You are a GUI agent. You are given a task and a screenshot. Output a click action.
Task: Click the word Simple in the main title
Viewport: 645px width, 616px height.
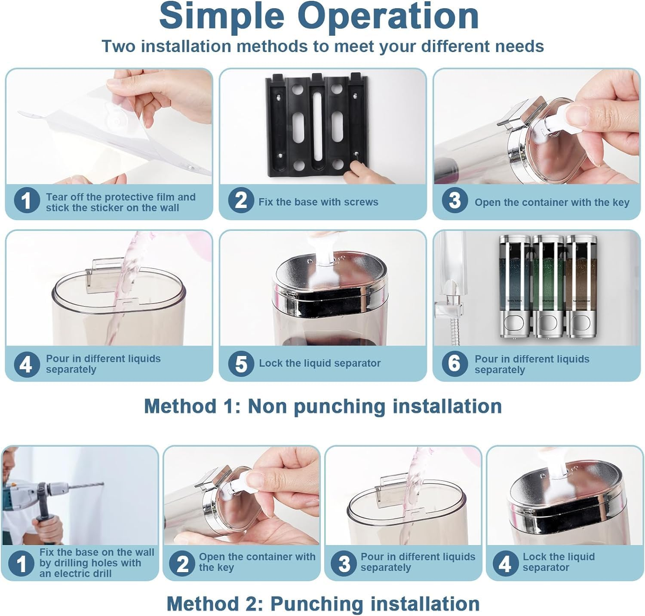pos(221,16)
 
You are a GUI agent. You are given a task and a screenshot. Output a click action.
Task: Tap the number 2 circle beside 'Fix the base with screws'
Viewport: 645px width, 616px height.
pos(240,201)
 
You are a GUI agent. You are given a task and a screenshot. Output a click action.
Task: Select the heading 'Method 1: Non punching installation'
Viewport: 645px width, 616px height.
pos(322,406)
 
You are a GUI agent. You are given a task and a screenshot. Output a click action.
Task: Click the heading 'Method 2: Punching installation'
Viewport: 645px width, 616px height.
pos(322,604)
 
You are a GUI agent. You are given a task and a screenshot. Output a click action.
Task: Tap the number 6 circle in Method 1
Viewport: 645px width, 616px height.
pos(455,363)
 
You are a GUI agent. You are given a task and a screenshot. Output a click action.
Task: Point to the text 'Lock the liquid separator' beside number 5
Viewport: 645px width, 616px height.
pos(319,363)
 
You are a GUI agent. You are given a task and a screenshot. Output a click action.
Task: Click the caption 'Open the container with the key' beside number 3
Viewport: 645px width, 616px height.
pos(552,202)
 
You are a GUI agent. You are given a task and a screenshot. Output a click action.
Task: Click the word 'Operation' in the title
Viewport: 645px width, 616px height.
pos(388,16)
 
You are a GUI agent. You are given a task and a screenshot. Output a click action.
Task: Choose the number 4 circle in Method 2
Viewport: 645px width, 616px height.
pos(505,563)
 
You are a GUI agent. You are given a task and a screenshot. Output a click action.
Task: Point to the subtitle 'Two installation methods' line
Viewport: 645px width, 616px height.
pos(322,46)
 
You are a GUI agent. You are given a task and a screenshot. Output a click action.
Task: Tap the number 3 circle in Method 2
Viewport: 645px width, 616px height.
pos(344,563)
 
